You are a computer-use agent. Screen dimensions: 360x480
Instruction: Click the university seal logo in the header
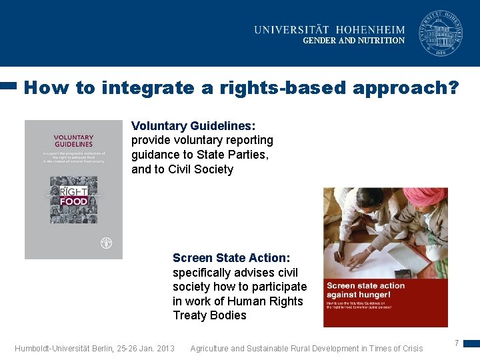coord(440,33)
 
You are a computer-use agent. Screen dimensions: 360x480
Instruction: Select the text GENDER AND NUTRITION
coord(353,41)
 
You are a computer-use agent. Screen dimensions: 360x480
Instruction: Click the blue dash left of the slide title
coord(8,85)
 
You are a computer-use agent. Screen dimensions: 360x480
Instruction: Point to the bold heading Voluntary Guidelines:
coord(193,125)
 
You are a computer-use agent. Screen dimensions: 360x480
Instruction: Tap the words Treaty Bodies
coord(209,315)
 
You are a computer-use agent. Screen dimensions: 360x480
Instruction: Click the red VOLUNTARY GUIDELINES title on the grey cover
coord(73,141)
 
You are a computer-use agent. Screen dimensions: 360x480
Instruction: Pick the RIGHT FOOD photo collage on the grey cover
coord(73,199)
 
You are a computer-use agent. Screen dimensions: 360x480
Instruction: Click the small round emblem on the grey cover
coord(105,243)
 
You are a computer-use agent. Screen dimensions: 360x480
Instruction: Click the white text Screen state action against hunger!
coord(365,290)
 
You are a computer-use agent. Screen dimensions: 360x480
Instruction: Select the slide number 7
coord(457,343)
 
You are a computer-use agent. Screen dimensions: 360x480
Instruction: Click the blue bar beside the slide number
coord(471,344)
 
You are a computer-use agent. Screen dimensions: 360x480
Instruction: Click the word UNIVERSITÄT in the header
coord(296,29)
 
